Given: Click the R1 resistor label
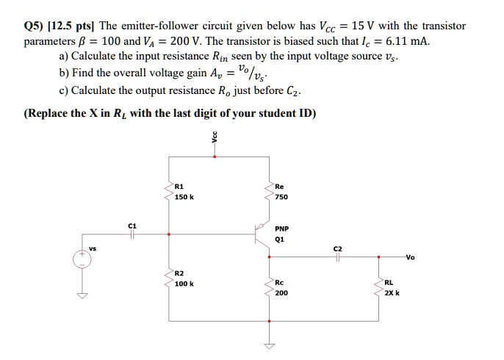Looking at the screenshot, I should click(x=179, y=187).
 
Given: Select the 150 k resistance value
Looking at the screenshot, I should click(x=184, y=197).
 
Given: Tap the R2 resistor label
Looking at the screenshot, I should click(x=179, y=273).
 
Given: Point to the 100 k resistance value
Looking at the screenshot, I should click(x=184, y=284).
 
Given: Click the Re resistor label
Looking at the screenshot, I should click(x=280, y=187).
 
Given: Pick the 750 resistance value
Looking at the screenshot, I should click(x=281, y=197).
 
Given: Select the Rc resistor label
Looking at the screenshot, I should click(x=280, y=282).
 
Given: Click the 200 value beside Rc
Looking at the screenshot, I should click(x=281, y=292).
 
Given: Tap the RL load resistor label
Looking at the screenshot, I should click(x=389, y=282).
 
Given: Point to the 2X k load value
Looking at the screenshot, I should click(x=392, y=292).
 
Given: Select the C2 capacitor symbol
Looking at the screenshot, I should click(x=337, y=257).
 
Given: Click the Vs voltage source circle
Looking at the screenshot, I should click(x=82, y=259).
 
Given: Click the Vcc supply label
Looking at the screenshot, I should click(x=215, y=139).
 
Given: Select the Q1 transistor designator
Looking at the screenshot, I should click(x=280, y=238).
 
